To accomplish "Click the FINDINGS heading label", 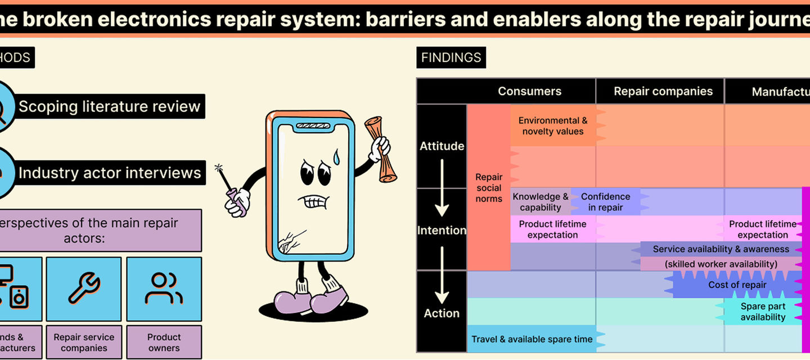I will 451,57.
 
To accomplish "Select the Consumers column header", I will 529,91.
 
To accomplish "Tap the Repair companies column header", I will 663,91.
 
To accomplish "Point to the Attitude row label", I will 442,146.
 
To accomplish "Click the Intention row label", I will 442,230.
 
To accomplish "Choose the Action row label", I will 442,313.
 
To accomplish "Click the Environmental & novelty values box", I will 553,126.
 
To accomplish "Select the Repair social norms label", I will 489,188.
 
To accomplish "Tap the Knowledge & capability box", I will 540,202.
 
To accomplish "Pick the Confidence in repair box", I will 605,202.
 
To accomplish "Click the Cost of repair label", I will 737,285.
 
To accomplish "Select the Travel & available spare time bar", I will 532,339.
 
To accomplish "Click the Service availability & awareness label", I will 721,249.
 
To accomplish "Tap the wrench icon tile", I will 84,289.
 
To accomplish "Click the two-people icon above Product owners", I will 164,289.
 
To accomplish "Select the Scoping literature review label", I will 109,106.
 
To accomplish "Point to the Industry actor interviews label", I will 110,173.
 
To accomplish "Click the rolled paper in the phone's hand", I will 381,150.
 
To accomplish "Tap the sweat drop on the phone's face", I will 337,156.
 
